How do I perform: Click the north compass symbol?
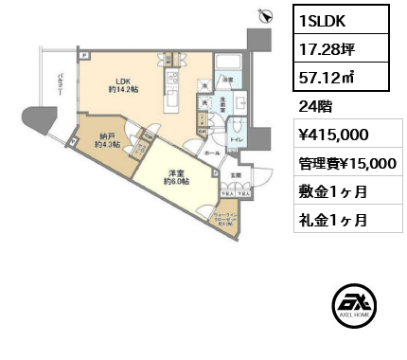[x=267, y=14]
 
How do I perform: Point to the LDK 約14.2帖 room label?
[x=123, y=86]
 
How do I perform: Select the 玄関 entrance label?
[x=235, y=174]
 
